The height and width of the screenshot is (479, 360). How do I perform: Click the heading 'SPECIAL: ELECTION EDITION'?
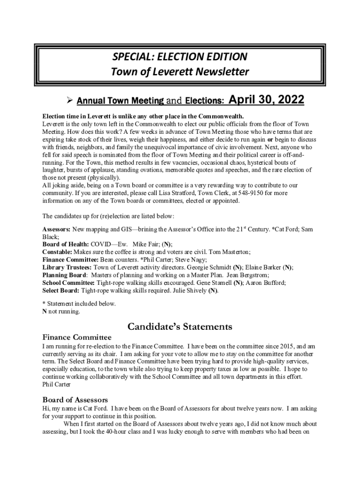(180, 57)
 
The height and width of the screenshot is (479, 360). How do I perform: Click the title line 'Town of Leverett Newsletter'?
(180, 72)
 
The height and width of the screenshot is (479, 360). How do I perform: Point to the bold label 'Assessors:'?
(57, 230)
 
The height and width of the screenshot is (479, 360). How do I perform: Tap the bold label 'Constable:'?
(58, 252)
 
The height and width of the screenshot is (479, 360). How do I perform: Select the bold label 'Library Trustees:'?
(68, 268)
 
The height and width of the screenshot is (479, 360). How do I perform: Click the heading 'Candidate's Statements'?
(180, 326)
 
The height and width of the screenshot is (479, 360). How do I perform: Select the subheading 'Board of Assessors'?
(75, 399)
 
